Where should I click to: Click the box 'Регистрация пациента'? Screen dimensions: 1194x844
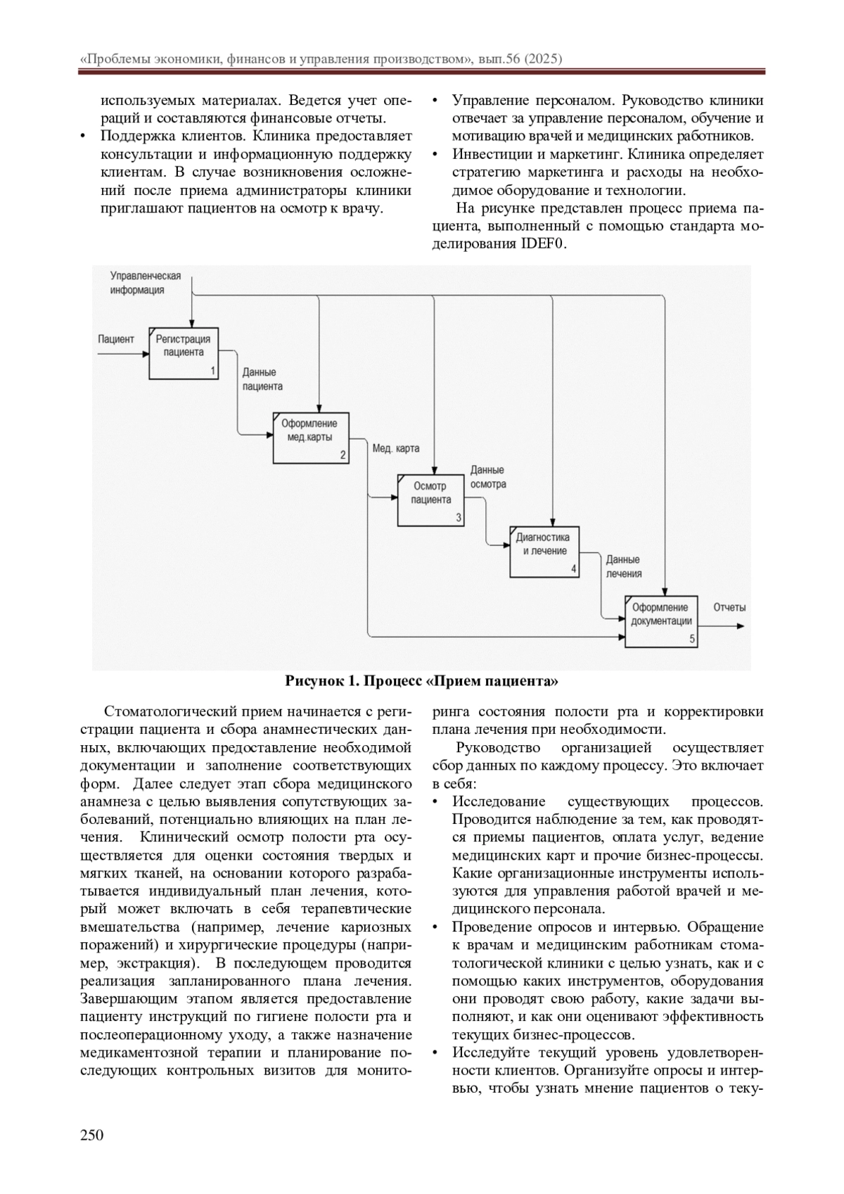tap(184, 353)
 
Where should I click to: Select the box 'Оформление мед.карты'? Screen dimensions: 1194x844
tap(310, 437)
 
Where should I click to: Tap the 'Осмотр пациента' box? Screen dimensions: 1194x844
tap(430, 500)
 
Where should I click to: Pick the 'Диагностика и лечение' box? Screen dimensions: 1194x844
tap(544, 552)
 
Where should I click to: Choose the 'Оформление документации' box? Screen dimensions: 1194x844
tap(662, 621)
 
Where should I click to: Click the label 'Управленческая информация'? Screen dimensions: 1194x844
tap(145, 283)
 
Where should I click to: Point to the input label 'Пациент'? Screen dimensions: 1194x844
tap(116, 339)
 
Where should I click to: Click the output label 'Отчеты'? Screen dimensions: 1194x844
tap(729, 607)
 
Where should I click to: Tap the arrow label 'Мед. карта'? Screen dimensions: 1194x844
tap(396, 447)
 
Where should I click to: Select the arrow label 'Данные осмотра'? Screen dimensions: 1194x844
tap(487, 477)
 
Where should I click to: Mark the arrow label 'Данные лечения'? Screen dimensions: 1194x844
tap(623, 566)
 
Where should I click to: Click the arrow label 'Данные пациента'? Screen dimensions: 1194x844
tap(262, 379)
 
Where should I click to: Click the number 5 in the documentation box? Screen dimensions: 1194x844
tap(692, 639)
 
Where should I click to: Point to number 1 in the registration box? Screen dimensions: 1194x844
tap(213, 371)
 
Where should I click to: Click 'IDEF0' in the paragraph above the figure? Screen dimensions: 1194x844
tap(543, 244)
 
